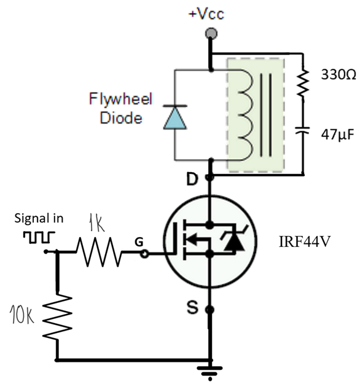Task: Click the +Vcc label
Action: point(210,14)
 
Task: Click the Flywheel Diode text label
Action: point(124,108)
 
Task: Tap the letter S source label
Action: point(192,308)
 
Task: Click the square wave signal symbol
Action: point(39,236)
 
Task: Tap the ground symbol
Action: point(210,370)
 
